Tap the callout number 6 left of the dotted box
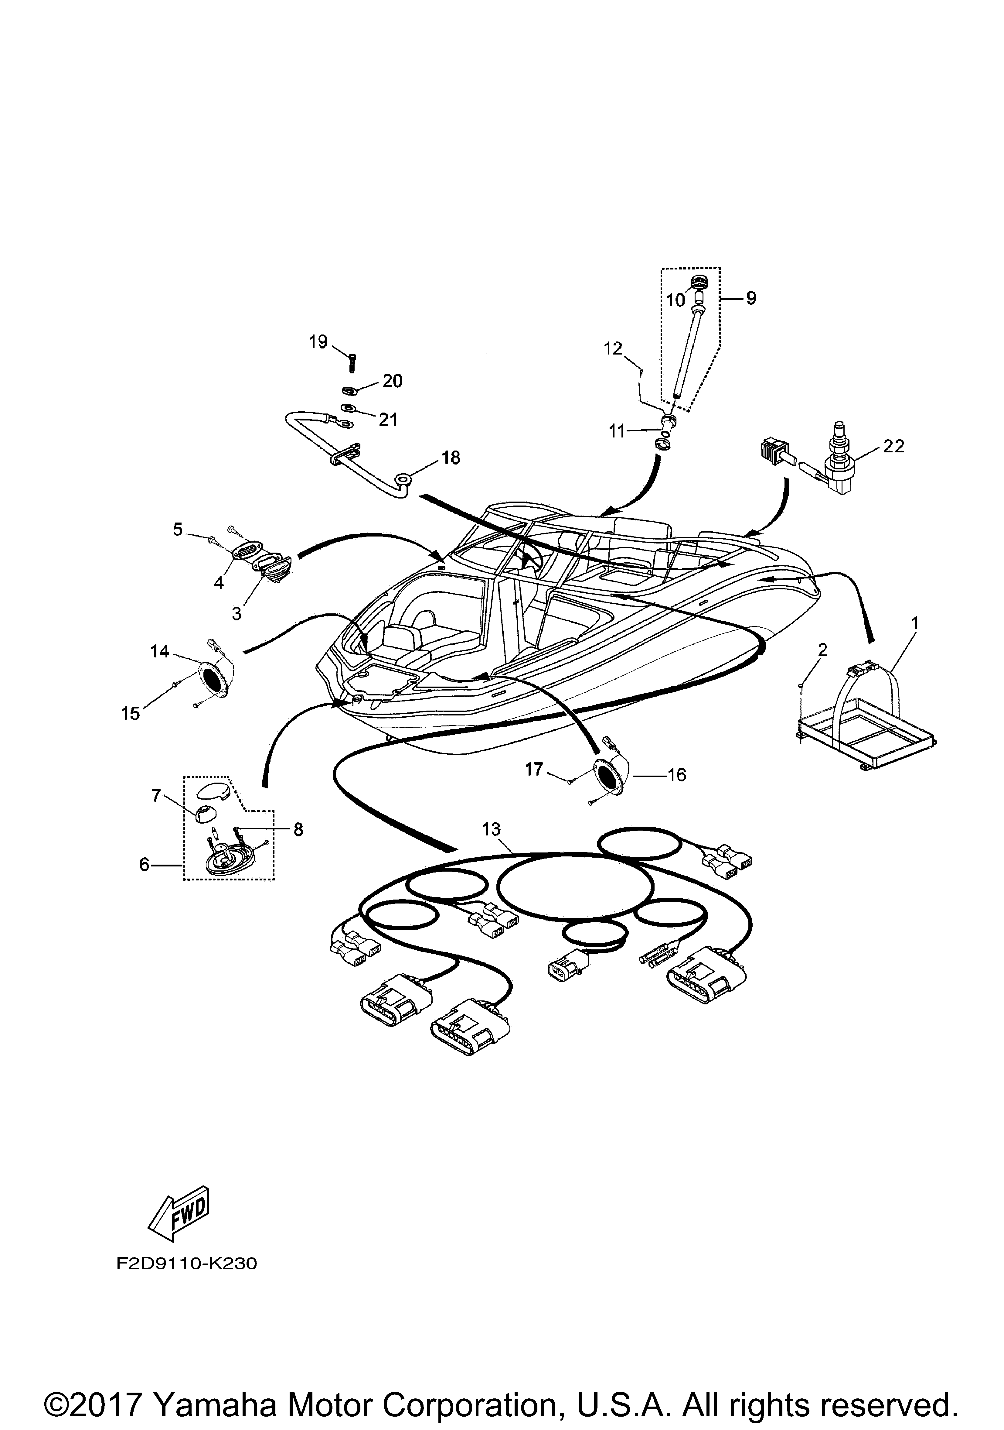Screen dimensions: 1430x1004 click(x=145, y=865)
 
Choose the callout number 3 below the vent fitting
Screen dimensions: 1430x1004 click(x=237, y=613)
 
